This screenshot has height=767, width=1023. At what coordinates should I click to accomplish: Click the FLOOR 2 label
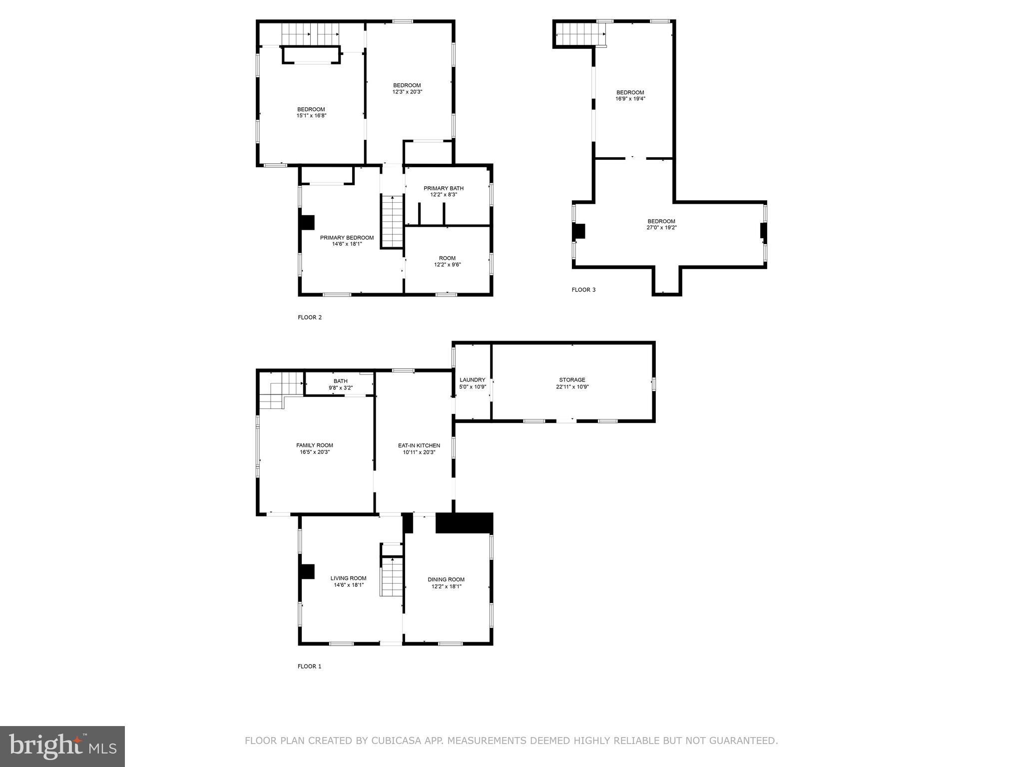[310, 317]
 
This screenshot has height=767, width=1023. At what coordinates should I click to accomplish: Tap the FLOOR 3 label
[583, 290]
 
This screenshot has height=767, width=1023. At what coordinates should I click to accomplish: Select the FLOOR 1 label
[310, 666]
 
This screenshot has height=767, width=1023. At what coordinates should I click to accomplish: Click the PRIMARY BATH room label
[444, 188]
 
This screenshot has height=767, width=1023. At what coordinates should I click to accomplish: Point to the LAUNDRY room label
[472, 380]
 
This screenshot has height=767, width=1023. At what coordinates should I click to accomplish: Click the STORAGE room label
[572, 380]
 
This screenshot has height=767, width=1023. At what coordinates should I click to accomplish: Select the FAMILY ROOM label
[315, 445]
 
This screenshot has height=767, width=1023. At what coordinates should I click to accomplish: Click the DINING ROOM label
[446, 580]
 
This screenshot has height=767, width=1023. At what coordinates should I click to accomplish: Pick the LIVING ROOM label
[348, 578]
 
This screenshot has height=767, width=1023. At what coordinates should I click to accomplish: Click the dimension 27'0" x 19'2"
[661, 228]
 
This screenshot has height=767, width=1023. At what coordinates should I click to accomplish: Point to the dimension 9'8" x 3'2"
[341, 387]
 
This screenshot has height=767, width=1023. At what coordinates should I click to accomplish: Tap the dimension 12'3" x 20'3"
[407, 92]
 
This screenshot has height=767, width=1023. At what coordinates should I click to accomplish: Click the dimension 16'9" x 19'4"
[630, 99]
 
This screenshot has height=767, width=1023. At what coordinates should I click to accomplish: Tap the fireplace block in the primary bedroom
[307, 222]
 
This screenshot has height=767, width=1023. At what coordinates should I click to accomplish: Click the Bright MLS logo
[62, 746]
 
